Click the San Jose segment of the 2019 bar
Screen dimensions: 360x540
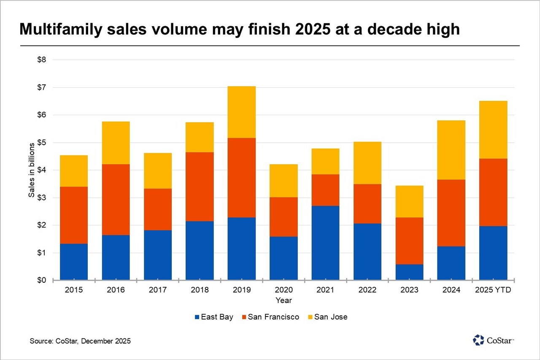pyautogui.click(x=241, y=112)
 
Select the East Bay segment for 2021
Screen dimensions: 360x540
pyautogui.click(x=325, y=243)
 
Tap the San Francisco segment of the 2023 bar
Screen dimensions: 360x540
pyautogui.click(x=409, y=241)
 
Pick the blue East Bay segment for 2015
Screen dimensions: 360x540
pyautogui.click(x=74, y=262)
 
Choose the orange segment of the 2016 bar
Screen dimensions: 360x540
pyautogui.click(x=116, y=199)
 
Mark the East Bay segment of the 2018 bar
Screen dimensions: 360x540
pyautogui.click(x=200, y=250)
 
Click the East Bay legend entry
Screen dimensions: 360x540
pyautogui.click(x=214, y=317)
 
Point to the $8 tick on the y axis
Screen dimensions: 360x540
pyautogui.click(x=42, y=60)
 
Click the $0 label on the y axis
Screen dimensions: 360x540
pyautogui.click(x=42, y=281)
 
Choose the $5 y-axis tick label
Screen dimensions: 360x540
pyautogui.click(x=42, y=143)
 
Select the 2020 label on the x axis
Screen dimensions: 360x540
pyautogui.click(x=283, y=290)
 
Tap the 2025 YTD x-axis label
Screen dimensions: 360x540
pyautogui.click(x=493, y=290)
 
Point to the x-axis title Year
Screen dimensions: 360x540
pyautogui.click(x=283, y=300)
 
